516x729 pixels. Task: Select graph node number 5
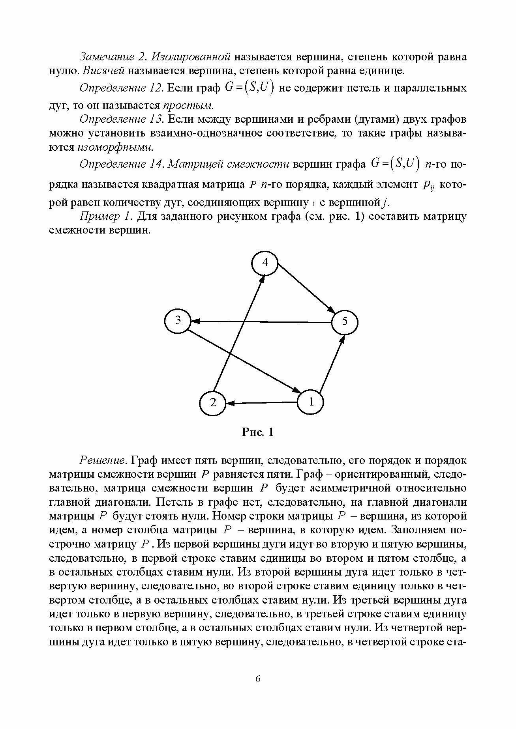[345, 322]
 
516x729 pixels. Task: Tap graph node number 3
[178, 320]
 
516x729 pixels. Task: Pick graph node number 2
[213, 403]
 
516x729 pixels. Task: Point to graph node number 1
[311, 402]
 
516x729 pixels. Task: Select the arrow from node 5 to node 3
[261, 322]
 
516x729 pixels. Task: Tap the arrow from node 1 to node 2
[262, 403]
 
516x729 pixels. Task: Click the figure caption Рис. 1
[257, 432]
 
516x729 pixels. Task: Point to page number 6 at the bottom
[258, 679]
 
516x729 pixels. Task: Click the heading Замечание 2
[113, 57]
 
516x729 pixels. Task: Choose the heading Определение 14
[121, 164]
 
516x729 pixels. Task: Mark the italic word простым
[188, 105]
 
